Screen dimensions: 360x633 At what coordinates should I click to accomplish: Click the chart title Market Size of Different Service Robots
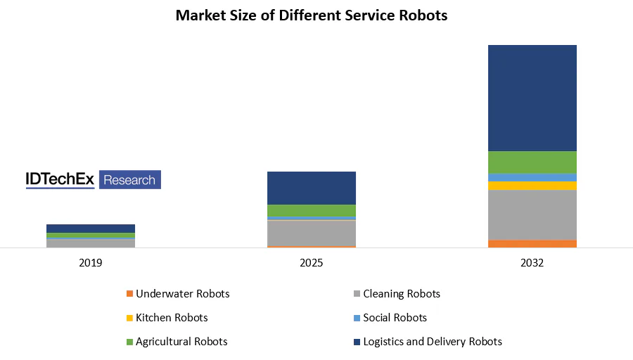click(x=311, y=15)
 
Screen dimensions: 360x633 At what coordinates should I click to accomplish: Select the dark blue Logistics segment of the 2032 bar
click(x=532, y=98)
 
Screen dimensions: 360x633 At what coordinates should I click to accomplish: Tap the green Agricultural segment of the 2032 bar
click(x=532, y=162)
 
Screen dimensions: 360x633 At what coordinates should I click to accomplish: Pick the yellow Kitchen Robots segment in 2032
click(x=532, y=186)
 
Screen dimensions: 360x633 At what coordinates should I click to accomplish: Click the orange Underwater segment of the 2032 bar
click(x=532, y=244)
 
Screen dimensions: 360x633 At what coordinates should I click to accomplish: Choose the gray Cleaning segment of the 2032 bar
click(x=532, y=215)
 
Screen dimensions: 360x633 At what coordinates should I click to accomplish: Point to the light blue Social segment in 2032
click(x=532, y=177)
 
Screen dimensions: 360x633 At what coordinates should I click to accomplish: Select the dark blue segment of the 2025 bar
click(x=311, y=188)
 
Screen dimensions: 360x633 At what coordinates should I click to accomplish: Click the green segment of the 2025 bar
click(x=311, y=210)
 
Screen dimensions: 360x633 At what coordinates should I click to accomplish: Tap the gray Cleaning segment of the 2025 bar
click(x=311, y=233)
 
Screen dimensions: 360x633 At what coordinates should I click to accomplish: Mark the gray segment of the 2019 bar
click(x=91, y=243)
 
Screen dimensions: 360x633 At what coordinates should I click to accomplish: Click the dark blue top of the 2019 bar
click(x=91, y=229)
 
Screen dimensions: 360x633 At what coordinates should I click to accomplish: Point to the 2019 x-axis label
click(x=91, y=263)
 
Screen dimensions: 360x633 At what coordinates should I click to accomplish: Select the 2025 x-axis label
click(x=311, y=263)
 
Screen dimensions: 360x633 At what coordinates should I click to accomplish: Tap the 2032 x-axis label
click(x=532, y=263)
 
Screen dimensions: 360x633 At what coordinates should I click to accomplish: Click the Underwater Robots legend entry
click(x=182, y=294)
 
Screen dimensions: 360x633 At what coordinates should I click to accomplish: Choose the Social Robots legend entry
click(x=395, y=318)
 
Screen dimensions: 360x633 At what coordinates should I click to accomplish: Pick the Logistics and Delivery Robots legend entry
click(x=433, y=342)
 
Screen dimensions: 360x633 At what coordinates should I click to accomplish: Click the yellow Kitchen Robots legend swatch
click(x=129, y=319)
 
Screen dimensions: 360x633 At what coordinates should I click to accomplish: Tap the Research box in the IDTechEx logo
click(x=129, y=180)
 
